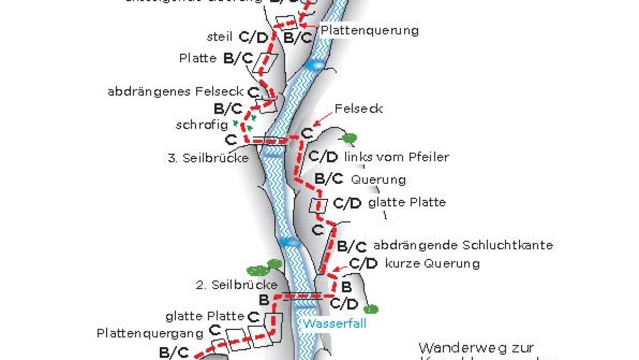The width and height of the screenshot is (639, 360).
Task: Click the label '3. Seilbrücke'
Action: tap(208, 158)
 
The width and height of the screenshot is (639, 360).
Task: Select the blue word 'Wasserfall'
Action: tap(335, 323)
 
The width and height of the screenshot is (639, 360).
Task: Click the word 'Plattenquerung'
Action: tap(369, 30)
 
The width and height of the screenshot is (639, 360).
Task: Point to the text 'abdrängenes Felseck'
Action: tap(176, 92)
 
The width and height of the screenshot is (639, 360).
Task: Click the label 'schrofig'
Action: tap(202, 125)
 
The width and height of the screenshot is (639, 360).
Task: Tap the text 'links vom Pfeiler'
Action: tap(396, 157)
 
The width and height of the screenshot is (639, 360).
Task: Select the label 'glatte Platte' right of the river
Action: tap(407, 202)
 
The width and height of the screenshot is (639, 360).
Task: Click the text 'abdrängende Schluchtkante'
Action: tap(463, 246)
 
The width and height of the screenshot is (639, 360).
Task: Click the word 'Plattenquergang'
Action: tap(150, 333)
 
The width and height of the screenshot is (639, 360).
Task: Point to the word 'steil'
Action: tap(220, 37)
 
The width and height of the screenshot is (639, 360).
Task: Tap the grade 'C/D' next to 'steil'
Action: tap(253, 37)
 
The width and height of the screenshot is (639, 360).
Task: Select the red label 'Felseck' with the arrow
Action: tap(359, 109)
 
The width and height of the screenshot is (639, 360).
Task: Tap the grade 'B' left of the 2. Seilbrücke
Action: tap(263, 300)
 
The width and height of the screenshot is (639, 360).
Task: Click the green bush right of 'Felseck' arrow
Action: tap(349, 138)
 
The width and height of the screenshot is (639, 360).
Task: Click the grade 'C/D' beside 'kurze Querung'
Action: tap(363, 264)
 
